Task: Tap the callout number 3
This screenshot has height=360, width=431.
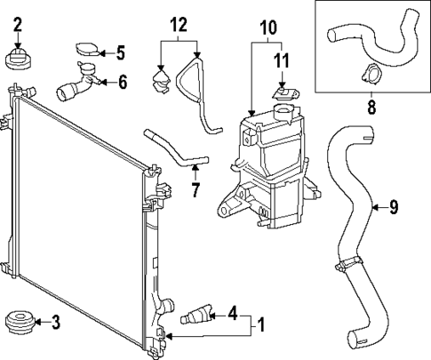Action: (54, 322)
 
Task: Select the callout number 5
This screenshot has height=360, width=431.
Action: (121, 52)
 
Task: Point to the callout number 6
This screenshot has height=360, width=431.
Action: (123, 82)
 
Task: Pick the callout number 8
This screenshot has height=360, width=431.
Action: (371, 108)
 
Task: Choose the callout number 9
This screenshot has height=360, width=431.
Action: (394, 207)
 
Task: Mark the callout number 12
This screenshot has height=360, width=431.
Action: (180, 26)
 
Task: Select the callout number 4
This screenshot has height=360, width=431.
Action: (232, 313)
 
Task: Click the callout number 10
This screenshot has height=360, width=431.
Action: (267, 27)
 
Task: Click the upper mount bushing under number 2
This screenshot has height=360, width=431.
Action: (18, 60)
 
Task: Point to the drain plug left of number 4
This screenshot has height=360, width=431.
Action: (195, 316)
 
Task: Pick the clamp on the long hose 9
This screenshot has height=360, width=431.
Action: (350, 264)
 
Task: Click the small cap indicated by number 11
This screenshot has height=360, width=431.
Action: (284, 92)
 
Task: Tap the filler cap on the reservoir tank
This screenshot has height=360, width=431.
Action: (283, 112)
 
